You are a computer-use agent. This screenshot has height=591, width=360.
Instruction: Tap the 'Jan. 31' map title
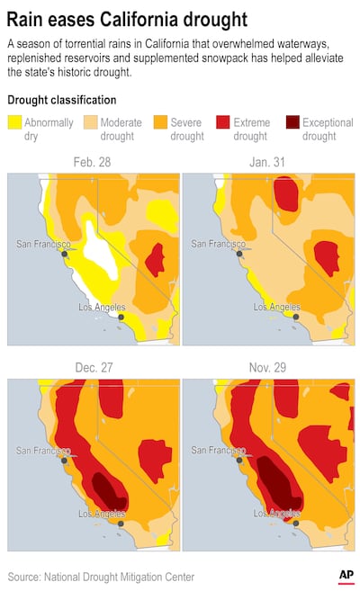click(x=267, y=163)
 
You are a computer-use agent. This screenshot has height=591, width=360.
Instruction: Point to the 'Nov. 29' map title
click(x=267, y=368)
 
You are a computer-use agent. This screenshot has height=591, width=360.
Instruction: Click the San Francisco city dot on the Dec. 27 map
click(x=65, y=460)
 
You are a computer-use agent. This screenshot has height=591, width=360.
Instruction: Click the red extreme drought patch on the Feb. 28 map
click(x=156, y=259)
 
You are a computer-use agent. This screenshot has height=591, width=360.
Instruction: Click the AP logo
click(x=345, y=575)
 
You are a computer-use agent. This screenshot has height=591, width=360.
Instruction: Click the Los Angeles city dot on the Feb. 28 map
click(x=121, y=317)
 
